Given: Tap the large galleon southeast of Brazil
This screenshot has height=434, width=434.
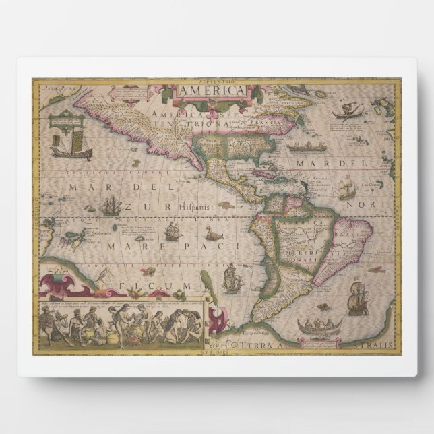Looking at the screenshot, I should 357,292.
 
